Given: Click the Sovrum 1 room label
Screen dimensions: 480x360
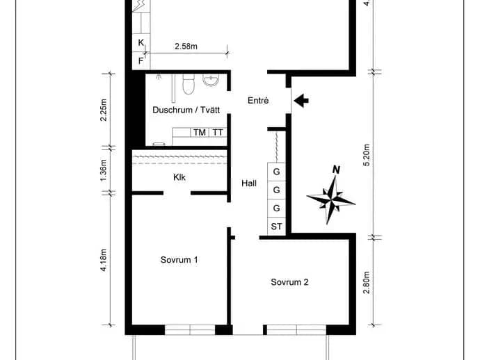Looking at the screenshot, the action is [179, 260].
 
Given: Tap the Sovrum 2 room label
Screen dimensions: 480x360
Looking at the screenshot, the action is [289, 282].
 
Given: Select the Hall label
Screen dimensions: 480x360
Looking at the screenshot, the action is [249, 183].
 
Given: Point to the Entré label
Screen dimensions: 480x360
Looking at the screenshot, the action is [258, 100].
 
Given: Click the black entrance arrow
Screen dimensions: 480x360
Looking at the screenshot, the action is [301, 100].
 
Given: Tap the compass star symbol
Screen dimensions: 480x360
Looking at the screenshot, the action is [331, 200].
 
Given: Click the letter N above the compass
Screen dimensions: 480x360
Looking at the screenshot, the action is [337, 170].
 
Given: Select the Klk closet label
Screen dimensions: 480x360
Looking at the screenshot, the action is [179, 177].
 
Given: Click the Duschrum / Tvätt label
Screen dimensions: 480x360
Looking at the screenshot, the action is [186, 110].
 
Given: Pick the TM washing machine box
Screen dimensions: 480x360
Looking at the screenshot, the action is [200, 133].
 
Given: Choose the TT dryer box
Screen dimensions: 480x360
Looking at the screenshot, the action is [218, 133].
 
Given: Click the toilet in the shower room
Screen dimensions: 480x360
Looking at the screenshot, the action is [189, 84].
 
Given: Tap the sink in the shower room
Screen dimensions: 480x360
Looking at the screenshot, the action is [211, 80].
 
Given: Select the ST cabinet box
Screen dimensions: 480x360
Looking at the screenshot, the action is [276, 227].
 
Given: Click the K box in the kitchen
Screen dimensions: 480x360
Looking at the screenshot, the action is [141, 43].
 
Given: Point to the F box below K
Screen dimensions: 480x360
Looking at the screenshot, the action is [141, 61].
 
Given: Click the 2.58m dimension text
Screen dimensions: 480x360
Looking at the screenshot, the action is [186, 46].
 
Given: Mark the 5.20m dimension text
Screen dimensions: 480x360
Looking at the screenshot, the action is [367, 155].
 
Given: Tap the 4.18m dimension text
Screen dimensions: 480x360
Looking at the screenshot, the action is [104, 261].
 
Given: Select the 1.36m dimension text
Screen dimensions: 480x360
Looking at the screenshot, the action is [104, 170].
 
